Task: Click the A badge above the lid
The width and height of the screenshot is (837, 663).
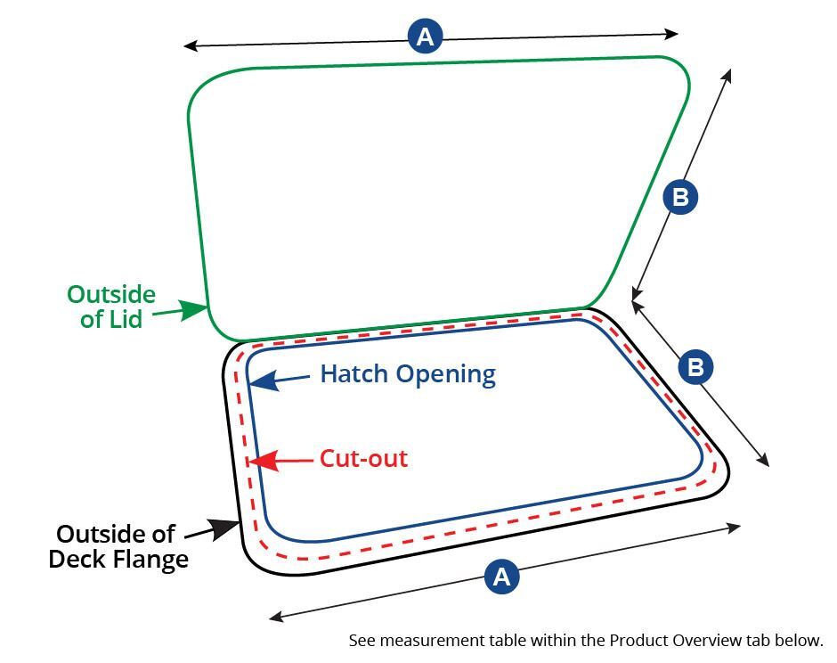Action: (x=425, y=37)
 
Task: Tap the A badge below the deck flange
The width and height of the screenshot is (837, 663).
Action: (x=502, y=577)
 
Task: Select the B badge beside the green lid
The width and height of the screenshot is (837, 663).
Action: (x=680, y=197)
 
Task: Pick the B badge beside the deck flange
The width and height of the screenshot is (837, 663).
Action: (x=695, y=367)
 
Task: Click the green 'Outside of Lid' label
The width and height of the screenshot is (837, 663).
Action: (x=111, y=307)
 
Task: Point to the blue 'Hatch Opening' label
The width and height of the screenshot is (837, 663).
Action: (x=408, y=374)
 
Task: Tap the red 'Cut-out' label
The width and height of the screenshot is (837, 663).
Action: (x=363, y=458)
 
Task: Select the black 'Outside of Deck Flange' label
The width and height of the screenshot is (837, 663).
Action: (x=118, y=546)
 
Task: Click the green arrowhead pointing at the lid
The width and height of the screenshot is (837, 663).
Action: (x=193, y=309)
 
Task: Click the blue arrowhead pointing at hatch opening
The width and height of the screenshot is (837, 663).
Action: (x=264, y=381)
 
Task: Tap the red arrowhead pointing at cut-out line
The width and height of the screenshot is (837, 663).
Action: (x=264, y=461)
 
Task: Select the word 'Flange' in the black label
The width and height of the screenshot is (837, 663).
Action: (x=151, y=560)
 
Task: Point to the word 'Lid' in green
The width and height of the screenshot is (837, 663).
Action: (x=126, y=319)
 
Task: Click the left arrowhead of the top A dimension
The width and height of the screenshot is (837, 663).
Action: (x=191, y=46)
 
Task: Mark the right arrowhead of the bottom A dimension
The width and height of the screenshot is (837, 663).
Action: (x=733, y=527)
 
